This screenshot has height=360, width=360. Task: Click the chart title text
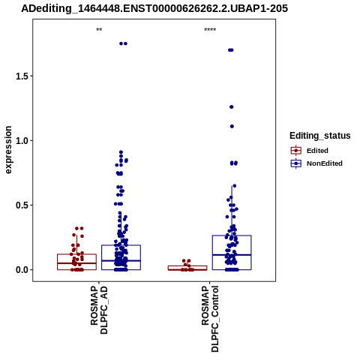[x=154, y=8]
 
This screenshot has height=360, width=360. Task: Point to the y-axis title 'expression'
[x=8, y=150]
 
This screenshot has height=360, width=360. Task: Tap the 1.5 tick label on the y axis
[x=21, y=76]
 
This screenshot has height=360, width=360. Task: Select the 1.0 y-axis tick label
[x=21, y=140]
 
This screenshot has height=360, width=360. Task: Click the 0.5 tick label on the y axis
[x=21, y=205]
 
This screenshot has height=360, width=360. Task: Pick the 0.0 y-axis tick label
[x=21, y=270]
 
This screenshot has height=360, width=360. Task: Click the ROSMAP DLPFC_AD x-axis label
[x=99, y=310]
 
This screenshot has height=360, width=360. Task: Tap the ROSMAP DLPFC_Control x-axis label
[x=210, y=319]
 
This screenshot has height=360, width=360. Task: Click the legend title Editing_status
[x=320, y=136]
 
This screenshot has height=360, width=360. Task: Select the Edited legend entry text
[x=317, y=151]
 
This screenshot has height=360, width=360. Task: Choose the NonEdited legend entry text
[x=325, y=163]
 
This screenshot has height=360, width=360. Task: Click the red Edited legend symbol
[x=296, y=151]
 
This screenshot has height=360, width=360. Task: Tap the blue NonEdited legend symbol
[x=296, y=163]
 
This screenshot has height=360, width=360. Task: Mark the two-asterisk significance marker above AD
[x=99, y=30]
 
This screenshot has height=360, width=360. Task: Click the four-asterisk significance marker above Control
[x=210, y=30]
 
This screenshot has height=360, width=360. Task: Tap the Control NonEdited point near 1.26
[x=232, y=107]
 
